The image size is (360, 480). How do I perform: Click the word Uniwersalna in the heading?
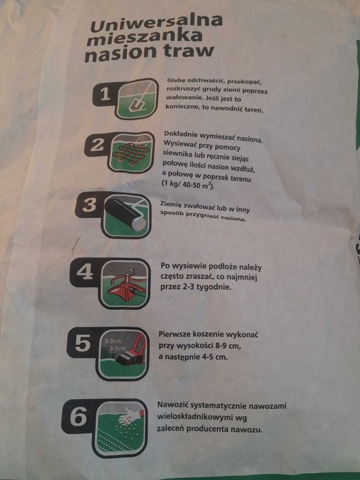tap(156, 23)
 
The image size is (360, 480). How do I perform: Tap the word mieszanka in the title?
tap(145, 38)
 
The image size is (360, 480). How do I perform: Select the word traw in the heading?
tap(189, 50)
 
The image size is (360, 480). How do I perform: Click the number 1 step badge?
tap(105, 95)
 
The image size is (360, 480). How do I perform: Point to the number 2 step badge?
tap(97, 145)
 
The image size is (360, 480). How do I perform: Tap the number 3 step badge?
tap(89, 205)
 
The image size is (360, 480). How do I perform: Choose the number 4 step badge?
tap(85, 272)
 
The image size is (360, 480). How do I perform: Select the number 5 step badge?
tap(83, 343)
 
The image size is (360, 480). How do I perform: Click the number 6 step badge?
tap(78, 416)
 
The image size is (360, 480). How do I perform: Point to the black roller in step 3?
tap(125, 213)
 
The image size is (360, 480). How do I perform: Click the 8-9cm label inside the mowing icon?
tap(113, 341)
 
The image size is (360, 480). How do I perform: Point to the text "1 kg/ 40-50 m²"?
tap(187, 184)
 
